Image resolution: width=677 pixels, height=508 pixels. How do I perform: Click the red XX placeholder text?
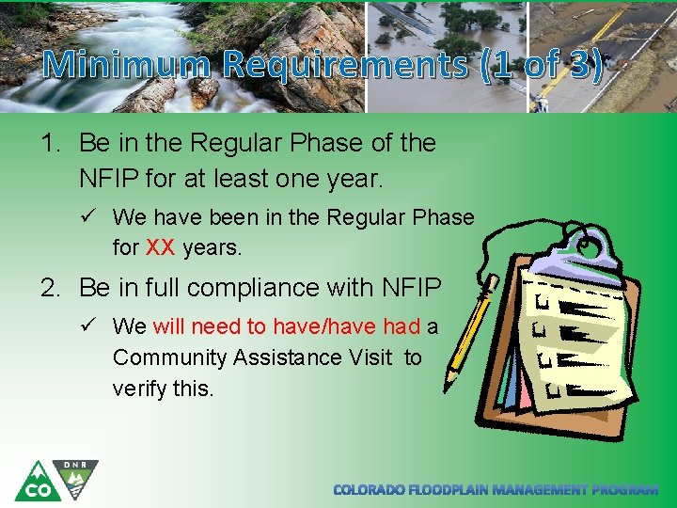[x=161, y=248]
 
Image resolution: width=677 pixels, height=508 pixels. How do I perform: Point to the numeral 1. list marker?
[x=53, y=144]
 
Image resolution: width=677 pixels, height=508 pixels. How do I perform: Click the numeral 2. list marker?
[x=53, y=287]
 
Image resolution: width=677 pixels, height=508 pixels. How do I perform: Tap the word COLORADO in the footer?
[x=370, y=490]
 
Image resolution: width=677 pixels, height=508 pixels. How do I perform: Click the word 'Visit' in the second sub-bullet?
[x=372, y=357]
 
